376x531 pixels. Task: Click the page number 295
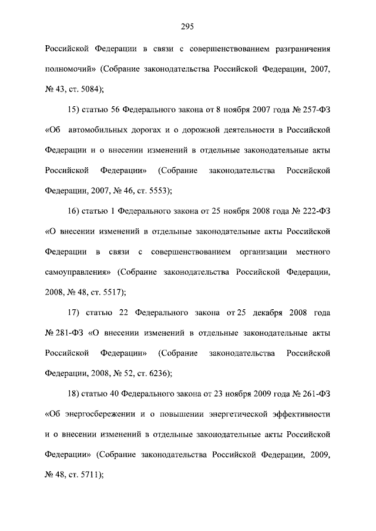pos(187,26)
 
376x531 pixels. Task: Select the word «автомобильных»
pos(100,130)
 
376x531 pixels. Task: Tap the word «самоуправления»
pos(78,272)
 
